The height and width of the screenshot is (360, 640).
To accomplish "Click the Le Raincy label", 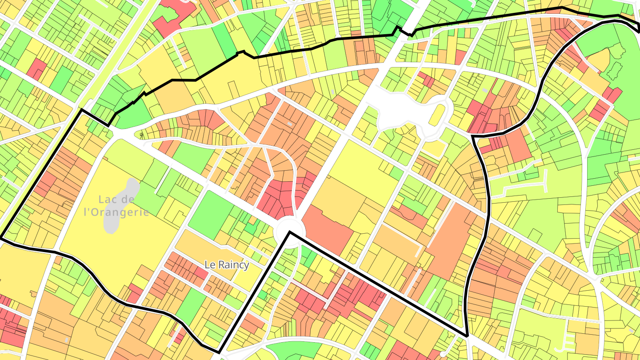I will [227, 264].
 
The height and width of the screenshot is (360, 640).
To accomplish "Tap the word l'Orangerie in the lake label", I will [116, 212].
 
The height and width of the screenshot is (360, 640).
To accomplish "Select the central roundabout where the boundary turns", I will [289, 230].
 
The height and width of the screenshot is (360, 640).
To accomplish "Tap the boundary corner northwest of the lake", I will [81, 109].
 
